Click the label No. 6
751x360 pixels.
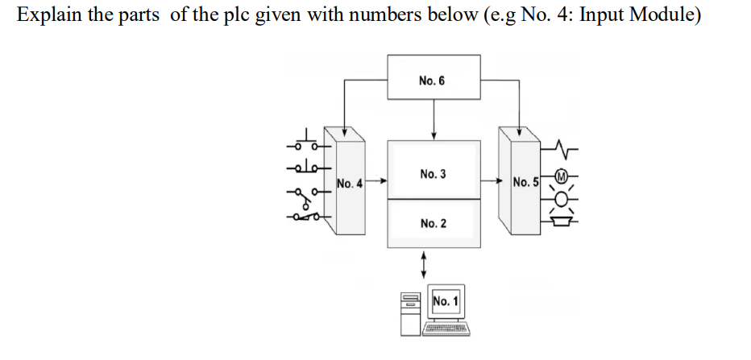[432, 81]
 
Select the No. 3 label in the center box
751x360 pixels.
[433, 174]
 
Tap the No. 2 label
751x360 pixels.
[433, 222]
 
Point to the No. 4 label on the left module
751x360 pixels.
[349, 183]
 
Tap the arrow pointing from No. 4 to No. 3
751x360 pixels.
[374, 182]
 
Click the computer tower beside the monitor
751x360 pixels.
[409, 312]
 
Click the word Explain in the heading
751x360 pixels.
[48, 16]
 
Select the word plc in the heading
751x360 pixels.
[240, 16]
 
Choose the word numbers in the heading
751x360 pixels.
[385, 16]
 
